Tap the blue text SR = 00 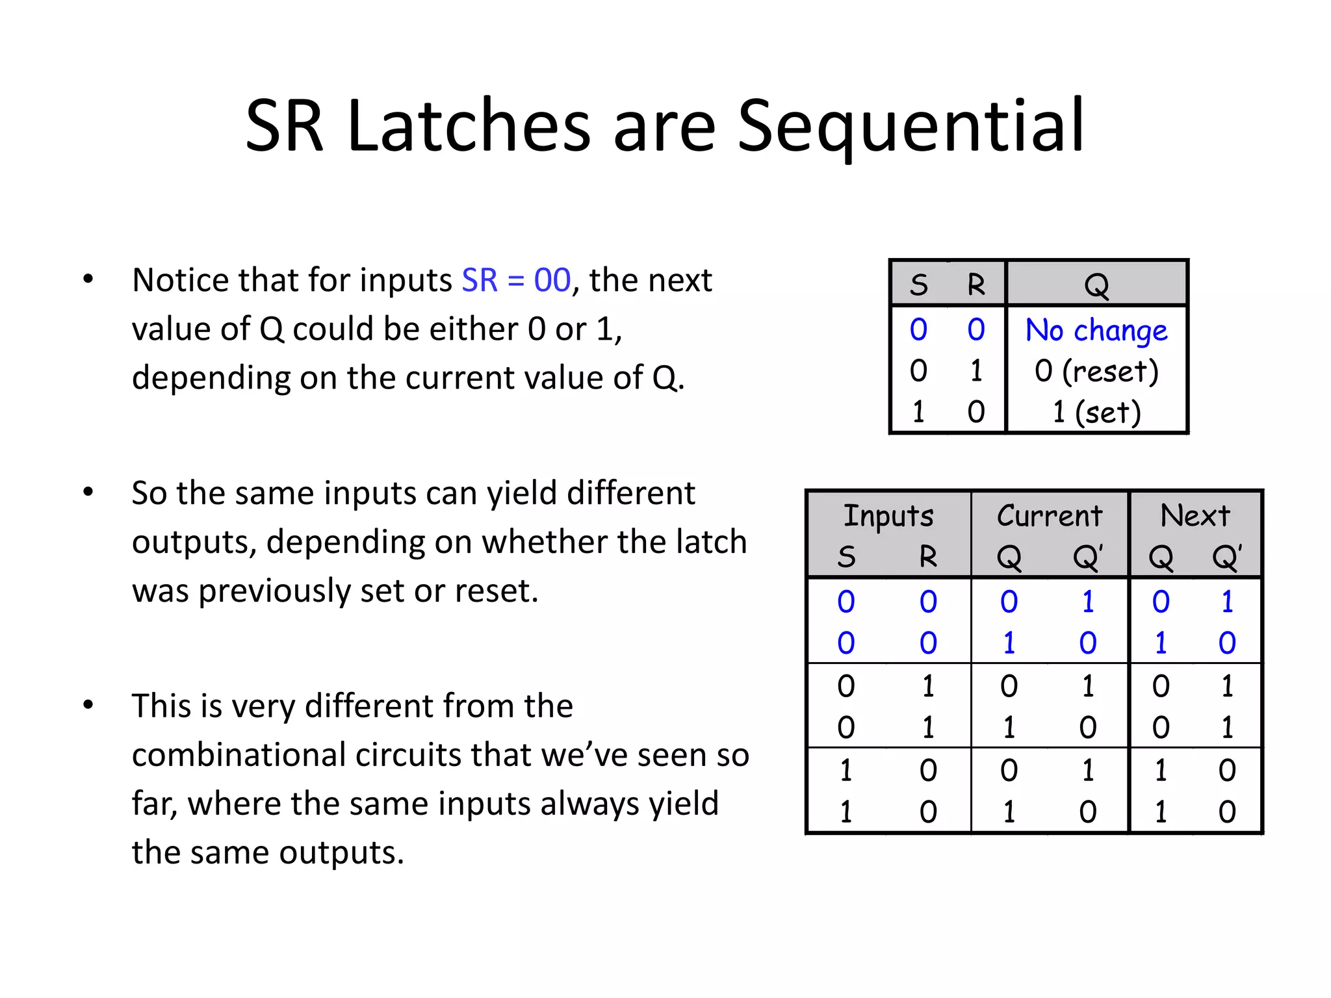click(516, 281)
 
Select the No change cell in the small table click(1096, 330)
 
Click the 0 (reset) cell click(1096, 371)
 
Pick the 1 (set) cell click(1096, 412)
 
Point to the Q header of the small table click(1096, 285)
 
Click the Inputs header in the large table click(888, 516)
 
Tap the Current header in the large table click(1050, 516)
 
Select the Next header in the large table click(1195, 516)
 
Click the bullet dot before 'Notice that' click(88, 280)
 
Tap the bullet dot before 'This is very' click(88, 705)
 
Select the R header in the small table click(976, 285)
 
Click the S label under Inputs click(846, 557)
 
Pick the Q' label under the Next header click(1227, 557)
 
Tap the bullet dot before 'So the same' click(88, 493)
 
